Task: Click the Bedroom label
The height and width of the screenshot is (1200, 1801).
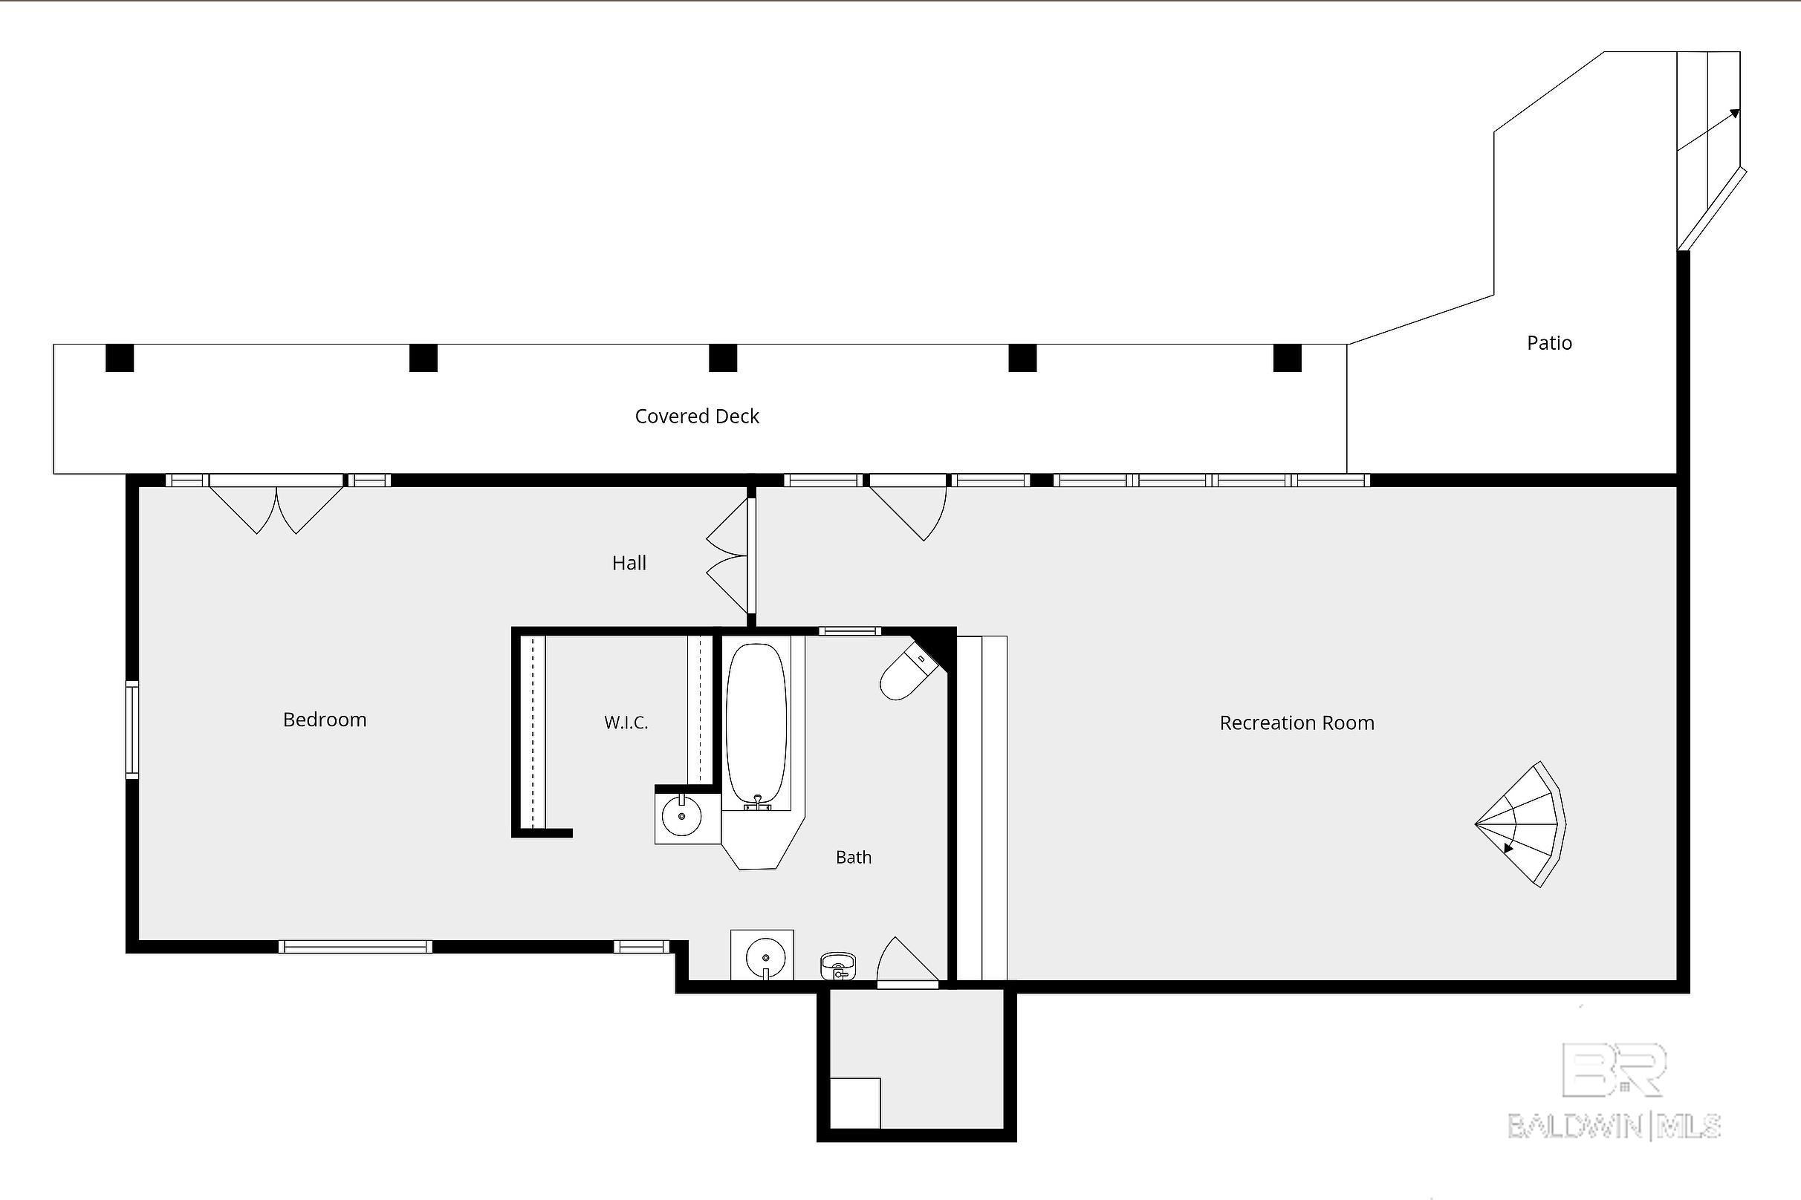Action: click(325, 720)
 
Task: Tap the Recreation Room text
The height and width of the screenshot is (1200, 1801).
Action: click(1297, 723)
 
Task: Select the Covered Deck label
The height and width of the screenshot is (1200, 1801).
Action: click(697, 417)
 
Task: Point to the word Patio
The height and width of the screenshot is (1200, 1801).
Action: click(1549, 343)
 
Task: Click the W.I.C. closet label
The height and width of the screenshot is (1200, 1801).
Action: click(626, 723)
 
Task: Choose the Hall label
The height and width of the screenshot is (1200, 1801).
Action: click(629, 564)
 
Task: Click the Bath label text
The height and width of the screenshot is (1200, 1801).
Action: click(853, 857)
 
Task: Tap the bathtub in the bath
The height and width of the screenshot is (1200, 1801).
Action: click(756, 723)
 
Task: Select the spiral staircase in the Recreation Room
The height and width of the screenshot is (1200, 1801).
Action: click(1520, 824)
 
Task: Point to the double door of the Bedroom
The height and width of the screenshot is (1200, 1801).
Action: click(276, 505)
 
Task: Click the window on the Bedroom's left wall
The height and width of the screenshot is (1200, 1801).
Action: click(132, 730)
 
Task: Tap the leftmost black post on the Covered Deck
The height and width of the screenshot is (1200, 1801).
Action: click(120, 358)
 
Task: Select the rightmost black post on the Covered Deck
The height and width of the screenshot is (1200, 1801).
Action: click(1287, 358)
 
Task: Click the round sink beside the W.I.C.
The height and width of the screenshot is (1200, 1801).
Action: click(681, 817)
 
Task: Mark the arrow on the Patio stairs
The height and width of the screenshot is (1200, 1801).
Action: click(1708, 130)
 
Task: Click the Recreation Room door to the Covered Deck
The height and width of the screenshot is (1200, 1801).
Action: click(908, 508)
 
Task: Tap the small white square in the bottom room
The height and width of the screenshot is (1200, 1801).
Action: click(855, 1103)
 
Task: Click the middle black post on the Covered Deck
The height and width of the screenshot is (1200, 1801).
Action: click(723, 358)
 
